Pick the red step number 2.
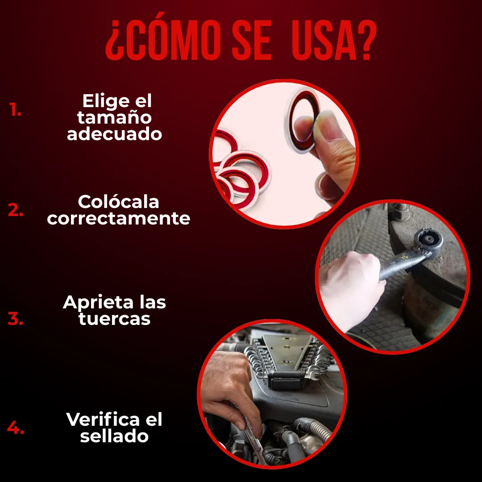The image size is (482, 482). pyautogui.click(x=15, y=210)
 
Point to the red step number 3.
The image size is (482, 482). pyautogui.click(x=15, y=319)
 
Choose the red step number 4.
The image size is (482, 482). pyautogui.click(x=15, y=427)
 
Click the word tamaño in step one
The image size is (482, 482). pyautogui.click(x=114, y=118)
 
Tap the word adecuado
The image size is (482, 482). pyautogui.click(x=114, y=134)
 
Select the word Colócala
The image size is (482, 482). pyautogui.click(x=118, y=202)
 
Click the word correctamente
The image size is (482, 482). pyautogui.click(x=119, y=219)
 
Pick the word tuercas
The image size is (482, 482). pyautogui.click(x=114, y=319)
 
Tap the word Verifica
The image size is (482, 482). pyautogui.click(x=104, y=420)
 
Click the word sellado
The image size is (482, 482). pyautogui.click(x=114, y=436)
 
